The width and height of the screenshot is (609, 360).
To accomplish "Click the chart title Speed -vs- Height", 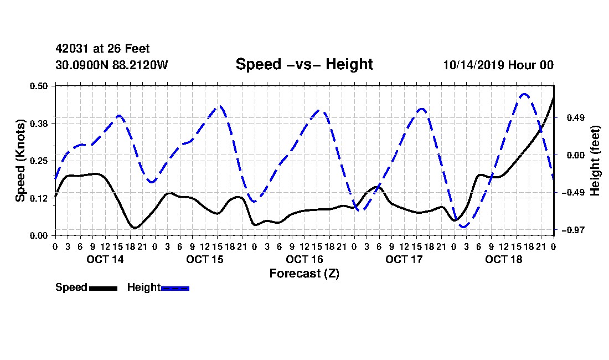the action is pyautogui.click(x=304, y=64).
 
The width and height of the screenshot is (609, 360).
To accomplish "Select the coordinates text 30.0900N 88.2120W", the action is pyautogui.click(x=112, y=65).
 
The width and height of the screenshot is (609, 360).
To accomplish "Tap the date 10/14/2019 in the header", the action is pyautogui.click(x=473, y=65).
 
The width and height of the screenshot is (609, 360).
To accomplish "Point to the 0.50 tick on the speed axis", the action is pyautogui.click(x=39, y=86).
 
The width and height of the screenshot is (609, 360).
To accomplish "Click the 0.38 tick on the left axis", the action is pyautogui.click(x=39, y=124).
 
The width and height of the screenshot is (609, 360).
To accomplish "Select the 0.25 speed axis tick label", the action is pyautogui.click(x=39, y=161).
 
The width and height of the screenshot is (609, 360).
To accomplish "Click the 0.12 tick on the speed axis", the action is pyautogui.click(x=39, y=198).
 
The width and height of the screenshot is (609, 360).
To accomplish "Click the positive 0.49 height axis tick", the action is pyautogui.click(x=576, y=117).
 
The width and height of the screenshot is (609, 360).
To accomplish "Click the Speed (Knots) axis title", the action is pyautogui.click(x=20, y=161).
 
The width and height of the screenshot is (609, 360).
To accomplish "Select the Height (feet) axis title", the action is pyautogui.click(x=595, y=161).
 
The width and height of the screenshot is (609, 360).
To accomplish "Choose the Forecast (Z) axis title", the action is pyautogui.click(x=304, y=274).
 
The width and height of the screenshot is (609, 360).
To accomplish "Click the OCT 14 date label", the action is pyautogui.click(x=105, y=259).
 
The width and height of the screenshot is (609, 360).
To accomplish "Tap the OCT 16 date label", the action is pyautogui.click(x=304, y=259).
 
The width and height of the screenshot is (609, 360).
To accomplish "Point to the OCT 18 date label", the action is pyautogui.click(x=504, y=259).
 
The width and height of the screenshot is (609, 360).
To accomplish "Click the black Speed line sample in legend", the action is pyautogui.click(x=104, y=289).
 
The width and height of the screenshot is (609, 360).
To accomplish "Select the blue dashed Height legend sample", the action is pyautogui.click(x=175, y=289).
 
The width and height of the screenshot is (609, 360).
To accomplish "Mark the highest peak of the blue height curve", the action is pyautogui.click(x=524, y=94).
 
